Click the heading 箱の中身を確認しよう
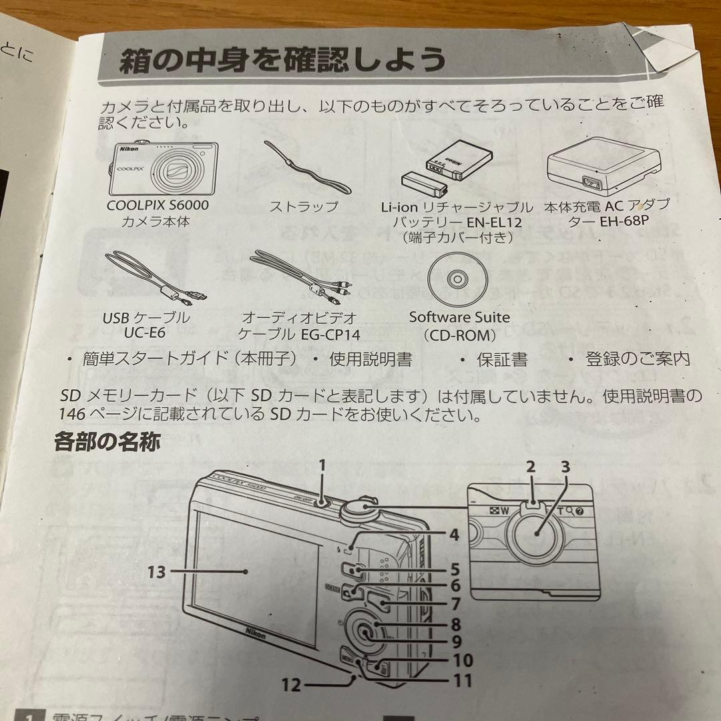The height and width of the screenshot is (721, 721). click(x=282, y=61)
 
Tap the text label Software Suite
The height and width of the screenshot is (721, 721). click(x=459, y=317)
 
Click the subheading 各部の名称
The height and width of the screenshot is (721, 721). click(x=107, y=442)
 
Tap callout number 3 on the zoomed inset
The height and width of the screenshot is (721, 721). click(x=565, y=467)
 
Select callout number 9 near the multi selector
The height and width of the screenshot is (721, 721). click(x=456, y=642)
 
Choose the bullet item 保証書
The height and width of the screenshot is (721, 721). click(x=501, y=360)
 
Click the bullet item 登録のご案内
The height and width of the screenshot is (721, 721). click(x=637, y=359)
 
